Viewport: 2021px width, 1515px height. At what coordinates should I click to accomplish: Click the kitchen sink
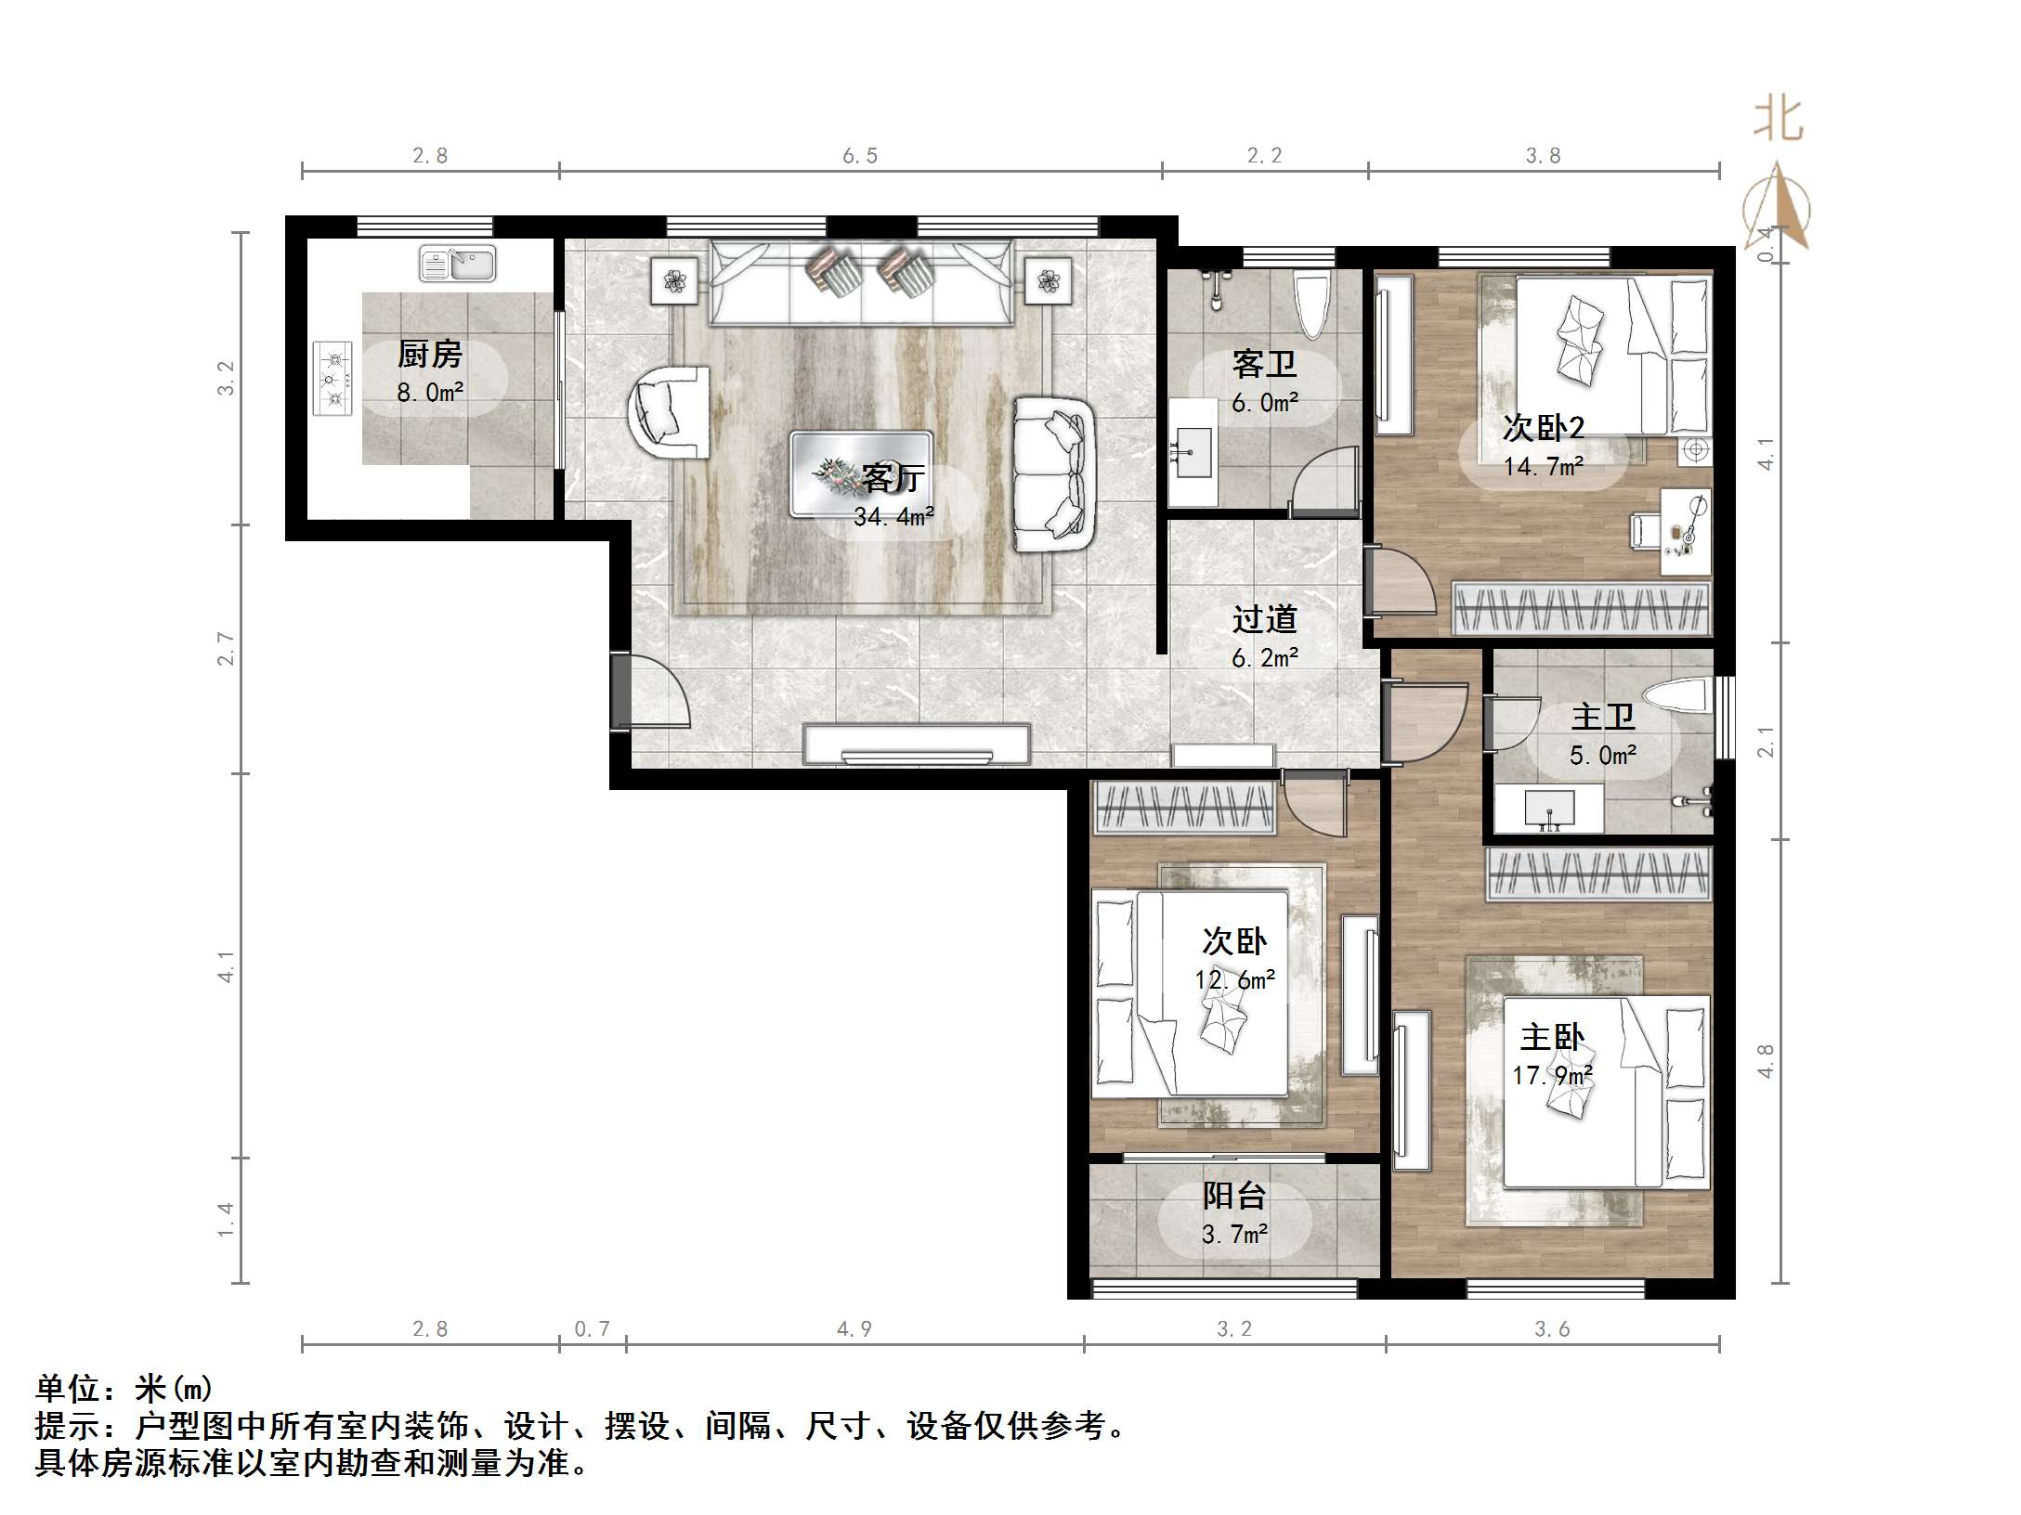pos(457,264)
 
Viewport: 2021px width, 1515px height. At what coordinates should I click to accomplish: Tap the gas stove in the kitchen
pos(332,379)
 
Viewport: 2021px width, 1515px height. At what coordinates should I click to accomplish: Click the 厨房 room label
pos(429,354)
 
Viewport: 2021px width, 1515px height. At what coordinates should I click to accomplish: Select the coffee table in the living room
pos(861,473)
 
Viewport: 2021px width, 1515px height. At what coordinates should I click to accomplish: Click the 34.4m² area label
pos(893,516)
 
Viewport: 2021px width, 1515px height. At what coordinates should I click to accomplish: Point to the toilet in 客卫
pos(1313,304)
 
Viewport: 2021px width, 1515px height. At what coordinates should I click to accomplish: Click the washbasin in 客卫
pos(1193,453)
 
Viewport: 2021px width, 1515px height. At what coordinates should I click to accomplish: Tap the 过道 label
pos(1264,619)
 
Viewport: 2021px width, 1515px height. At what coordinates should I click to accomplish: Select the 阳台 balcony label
pos(1233,1196)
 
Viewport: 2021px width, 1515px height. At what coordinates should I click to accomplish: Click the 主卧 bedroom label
pos(1551,1037)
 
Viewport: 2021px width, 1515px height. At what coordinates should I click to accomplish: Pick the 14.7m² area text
pos(1544,466)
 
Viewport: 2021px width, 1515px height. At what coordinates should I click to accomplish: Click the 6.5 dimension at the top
pos(860,156)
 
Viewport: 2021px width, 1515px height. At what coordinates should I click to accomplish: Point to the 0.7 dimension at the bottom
pos(592,1329)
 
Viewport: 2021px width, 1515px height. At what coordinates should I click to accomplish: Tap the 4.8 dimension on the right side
pos(1766,1061)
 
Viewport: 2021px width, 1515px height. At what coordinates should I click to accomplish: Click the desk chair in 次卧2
pos(1647,529)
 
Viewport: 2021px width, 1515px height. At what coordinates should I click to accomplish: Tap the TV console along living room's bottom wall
pos(917,745)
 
